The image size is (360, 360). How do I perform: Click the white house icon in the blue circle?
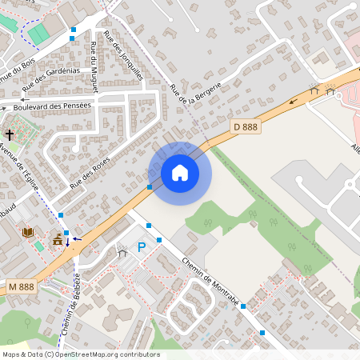click(x=180, y=173)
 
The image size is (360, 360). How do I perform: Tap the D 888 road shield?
click(x=245, y=126)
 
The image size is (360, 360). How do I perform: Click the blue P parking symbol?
click(x=142, y=249)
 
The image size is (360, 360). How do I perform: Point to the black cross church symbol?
click(x=10, y=135)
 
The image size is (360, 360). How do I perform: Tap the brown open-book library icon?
click(x=29, y=232)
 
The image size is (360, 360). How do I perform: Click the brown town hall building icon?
click(x=58, y=239)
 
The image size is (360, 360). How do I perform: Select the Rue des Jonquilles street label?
click(x=129, y=62)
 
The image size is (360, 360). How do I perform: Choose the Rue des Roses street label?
click(x=90, y=172)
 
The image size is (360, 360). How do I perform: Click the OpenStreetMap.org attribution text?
click(x=104, y=354)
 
